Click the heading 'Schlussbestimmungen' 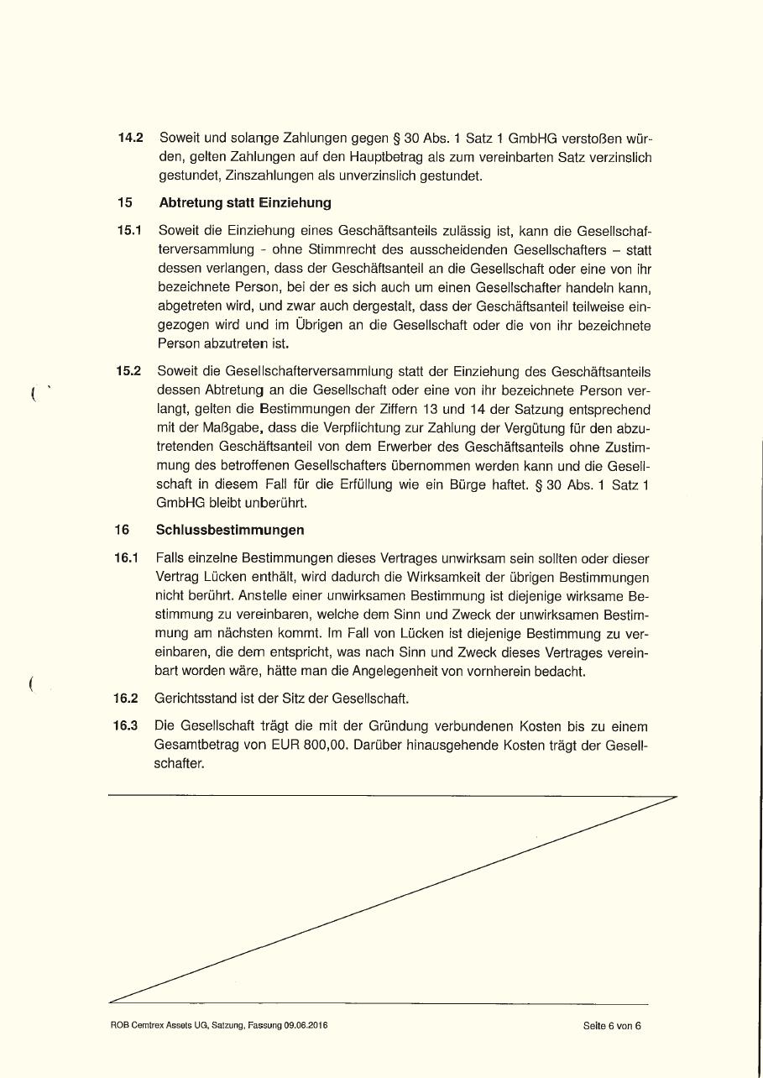tap(230, 531)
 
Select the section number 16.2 tap(126, 698)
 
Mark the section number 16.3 tap(126, 725)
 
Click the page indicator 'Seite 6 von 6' tap(612, 1025)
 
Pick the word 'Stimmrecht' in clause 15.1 tap(341, 249)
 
